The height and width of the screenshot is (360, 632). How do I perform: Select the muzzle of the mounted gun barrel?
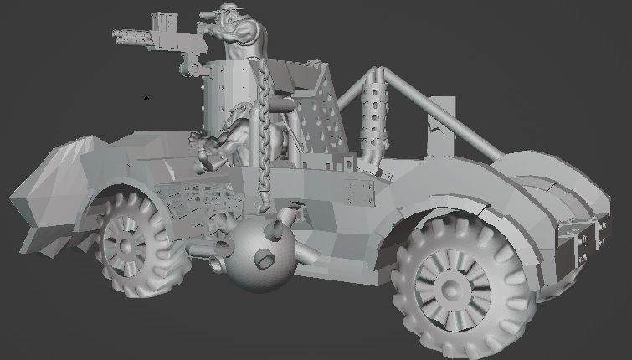116,35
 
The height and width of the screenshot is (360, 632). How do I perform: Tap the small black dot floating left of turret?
147,98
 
